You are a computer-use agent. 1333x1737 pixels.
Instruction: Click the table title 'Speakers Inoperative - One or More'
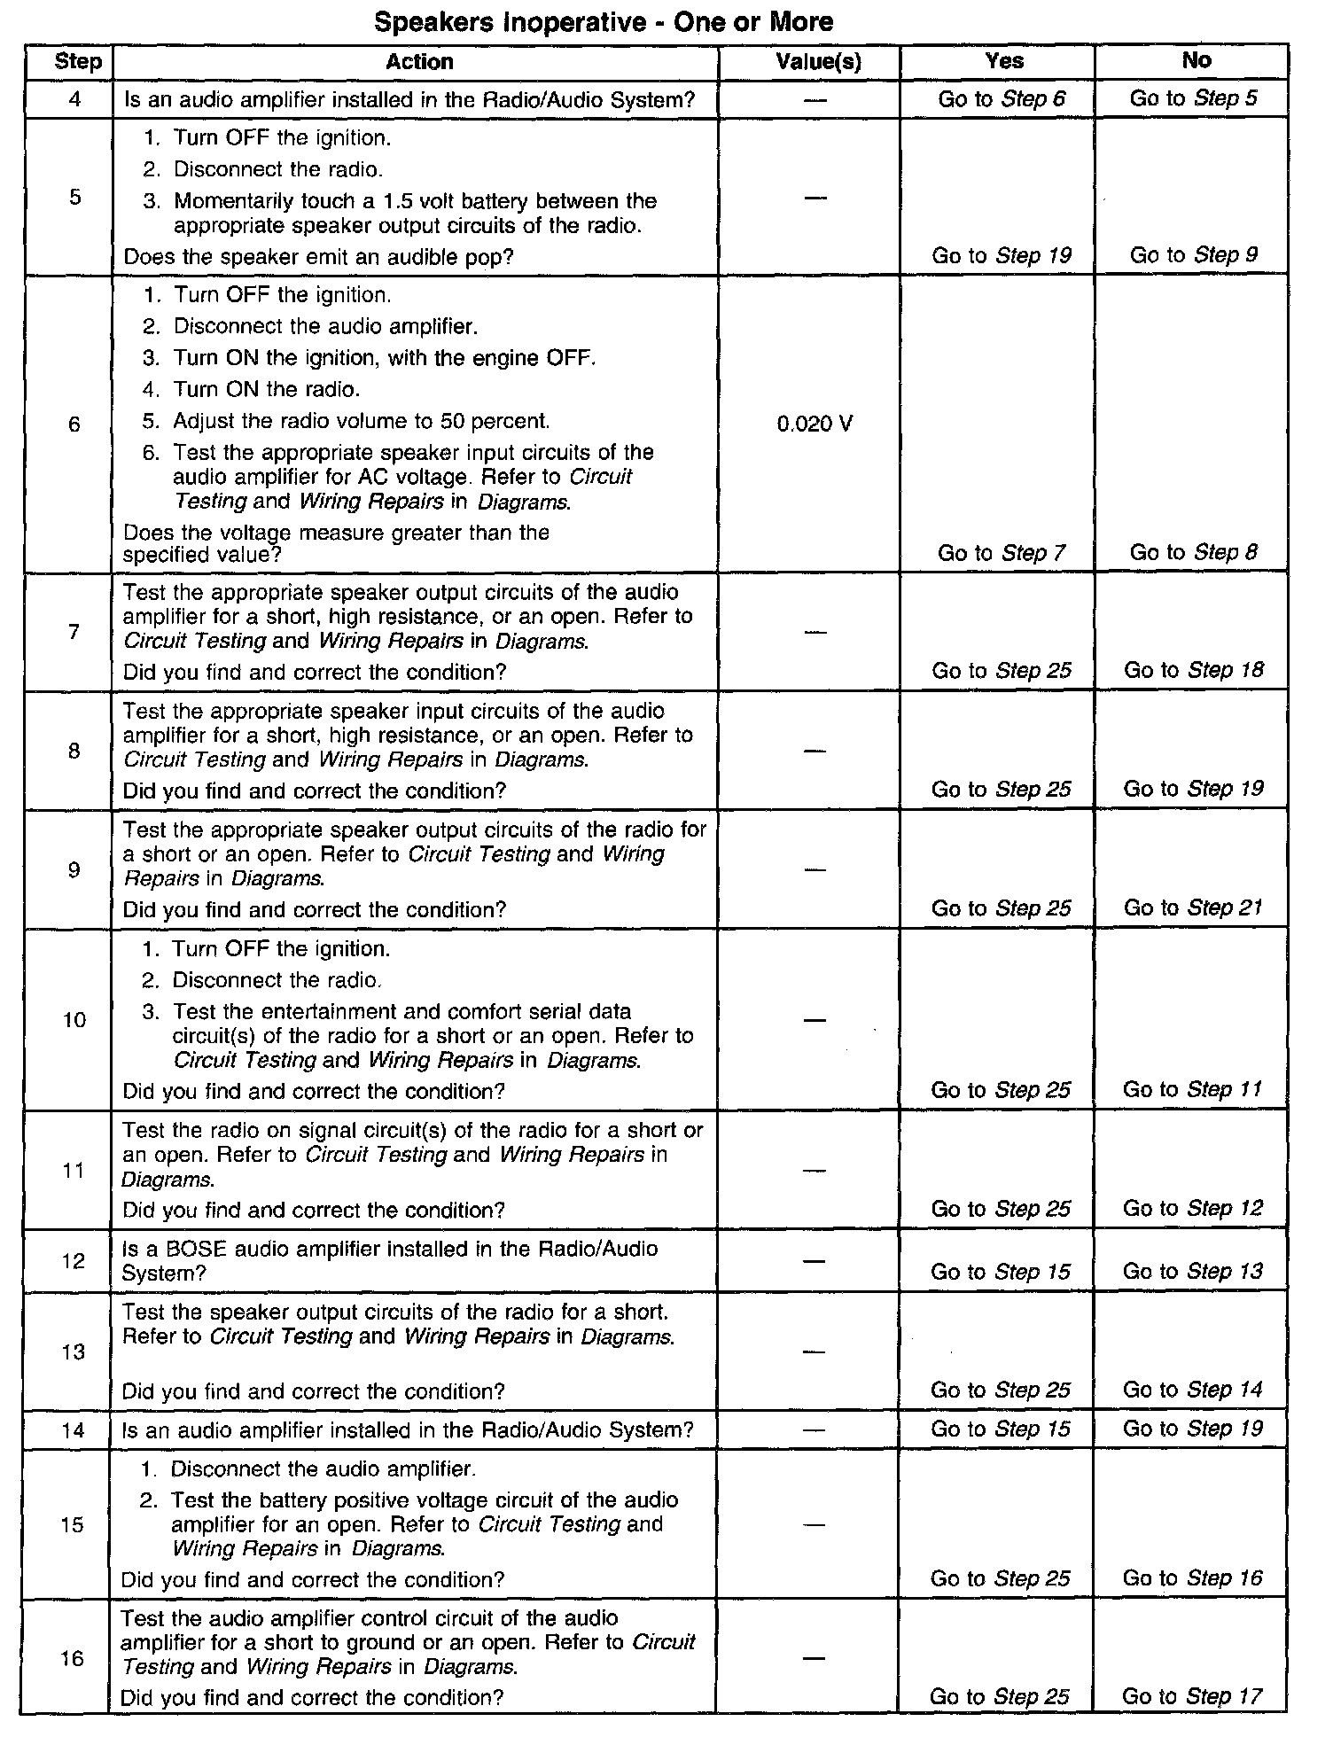(604, 21)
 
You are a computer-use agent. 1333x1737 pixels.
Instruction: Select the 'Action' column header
(419, 62)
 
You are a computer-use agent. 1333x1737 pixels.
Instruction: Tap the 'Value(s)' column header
(818, 62)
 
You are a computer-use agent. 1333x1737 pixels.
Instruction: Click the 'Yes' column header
(1003, 61)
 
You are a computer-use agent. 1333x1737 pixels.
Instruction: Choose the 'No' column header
(1196, 60)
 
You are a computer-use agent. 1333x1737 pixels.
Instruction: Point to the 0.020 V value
(815, 425)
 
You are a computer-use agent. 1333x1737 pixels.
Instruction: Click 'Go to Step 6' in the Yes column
(1002, 99)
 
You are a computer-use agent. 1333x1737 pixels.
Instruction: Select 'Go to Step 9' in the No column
(1193, 255)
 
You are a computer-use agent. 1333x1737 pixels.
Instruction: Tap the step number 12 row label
(74, 1261)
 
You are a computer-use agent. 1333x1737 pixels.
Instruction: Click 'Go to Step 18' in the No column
(1193, 671)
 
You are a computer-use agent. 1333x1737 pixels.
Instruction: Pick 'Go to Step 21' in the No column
(1193, 908)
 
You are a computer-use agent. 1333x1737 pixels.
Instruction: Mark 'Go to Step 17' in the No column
(1191, 1696)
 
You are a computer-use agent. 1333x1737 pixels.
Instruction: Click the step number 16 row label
(73, 1658)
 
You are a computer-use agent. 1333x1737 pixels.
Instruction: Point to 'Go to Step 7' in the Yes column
(1002, 554)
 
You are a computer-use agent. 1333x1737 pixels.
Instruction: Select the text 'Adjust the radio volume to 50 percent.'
(361, 421)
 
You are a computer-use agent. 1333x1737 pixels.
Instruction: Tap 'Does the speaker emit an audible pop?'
(319, 257)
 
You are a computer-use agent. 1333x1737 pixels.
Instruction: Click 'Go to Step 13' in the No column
(1192, 1272)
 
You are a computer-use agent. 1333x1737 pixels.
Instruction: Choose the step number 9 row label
(74, 869)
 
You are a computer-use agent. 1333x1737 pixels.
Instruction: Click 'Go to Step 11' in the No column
(1192, 1090)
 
